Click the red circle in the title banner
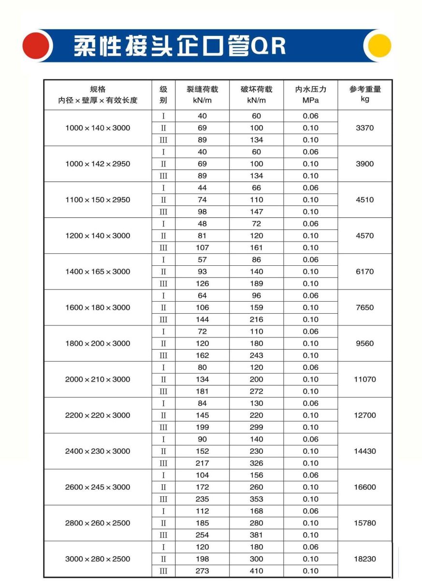coord(36,46)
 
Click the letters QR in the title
coord(268,46)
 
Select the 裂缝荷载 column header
coord(202,89)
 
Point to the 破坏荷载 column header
coord(256,89)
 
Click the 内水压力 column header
coord(310,89)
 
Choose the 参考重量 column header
coord(365,89)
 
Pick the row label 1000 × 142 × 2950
coord(98,164)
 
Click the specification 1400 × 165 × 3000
coord(98,272)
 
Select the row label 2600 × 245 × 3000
coord(98,487)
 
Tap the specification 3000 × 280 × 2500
coord(98,559)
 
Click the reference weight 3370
coord(364,128)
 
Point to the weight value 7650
coord(364,307)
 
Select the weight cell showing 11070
coord(364,379)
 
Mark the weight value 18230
coord(364,559)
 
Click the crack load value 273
coord(202,571)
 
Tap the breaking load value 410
coord(256,571)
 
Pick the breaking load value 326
coord(256,463)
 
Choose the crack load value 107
coord(202,247)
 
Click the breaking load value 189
coord(256,283)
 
